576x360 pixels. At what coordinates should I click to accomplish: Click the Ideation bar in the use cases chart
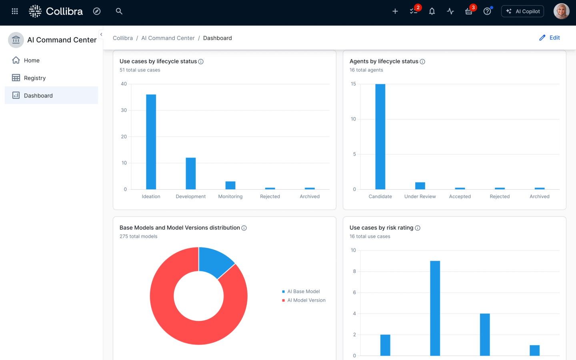tap(151, 142)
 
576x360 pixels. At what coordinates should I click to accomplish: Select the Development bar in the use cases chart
tap(191, 173)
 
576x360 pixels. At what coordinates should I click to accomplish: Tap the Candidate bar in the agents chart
tap(380, 136)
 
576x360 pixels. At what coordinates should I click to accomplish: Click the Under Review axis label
tap(420, 196)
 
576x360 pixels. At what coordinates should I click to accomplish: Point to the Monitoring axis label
tap(230, 196)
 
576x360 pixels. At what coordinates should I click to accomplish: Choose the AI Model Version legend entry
tap(306, 300)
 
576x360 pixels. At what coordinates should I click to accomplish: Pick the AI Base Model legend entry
tap(303, 292)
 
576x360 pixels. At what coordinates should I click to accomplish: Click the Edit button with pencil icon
tap(550, 38)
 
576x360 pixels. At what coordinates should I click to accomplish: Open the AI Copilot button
tap(522, 11)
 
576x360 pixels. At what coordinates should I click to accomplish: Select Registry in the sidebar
tap(35, 78)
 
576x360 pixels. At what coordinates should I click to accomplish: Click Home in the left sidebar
tap(32, 60)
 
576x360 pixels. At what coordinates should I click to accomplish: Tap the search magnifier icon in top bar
tap(119, 11)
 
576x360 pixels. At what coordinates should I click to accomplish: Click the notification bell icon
tap(432, 11)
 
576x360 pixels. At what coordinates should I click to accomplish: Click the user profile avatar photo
tap(561, 11)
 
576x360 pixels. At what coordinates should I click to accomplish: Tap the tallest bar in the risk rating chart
tap(435, 308)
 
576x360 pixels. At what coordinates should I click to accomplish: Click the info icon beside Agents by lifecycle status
tap(422, 62)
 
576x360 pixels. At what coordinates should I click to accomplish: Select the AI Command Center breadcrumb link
tap(168, 38)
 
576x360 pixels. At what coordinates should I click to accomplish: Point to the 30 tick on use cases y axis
tap(124, 110)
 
